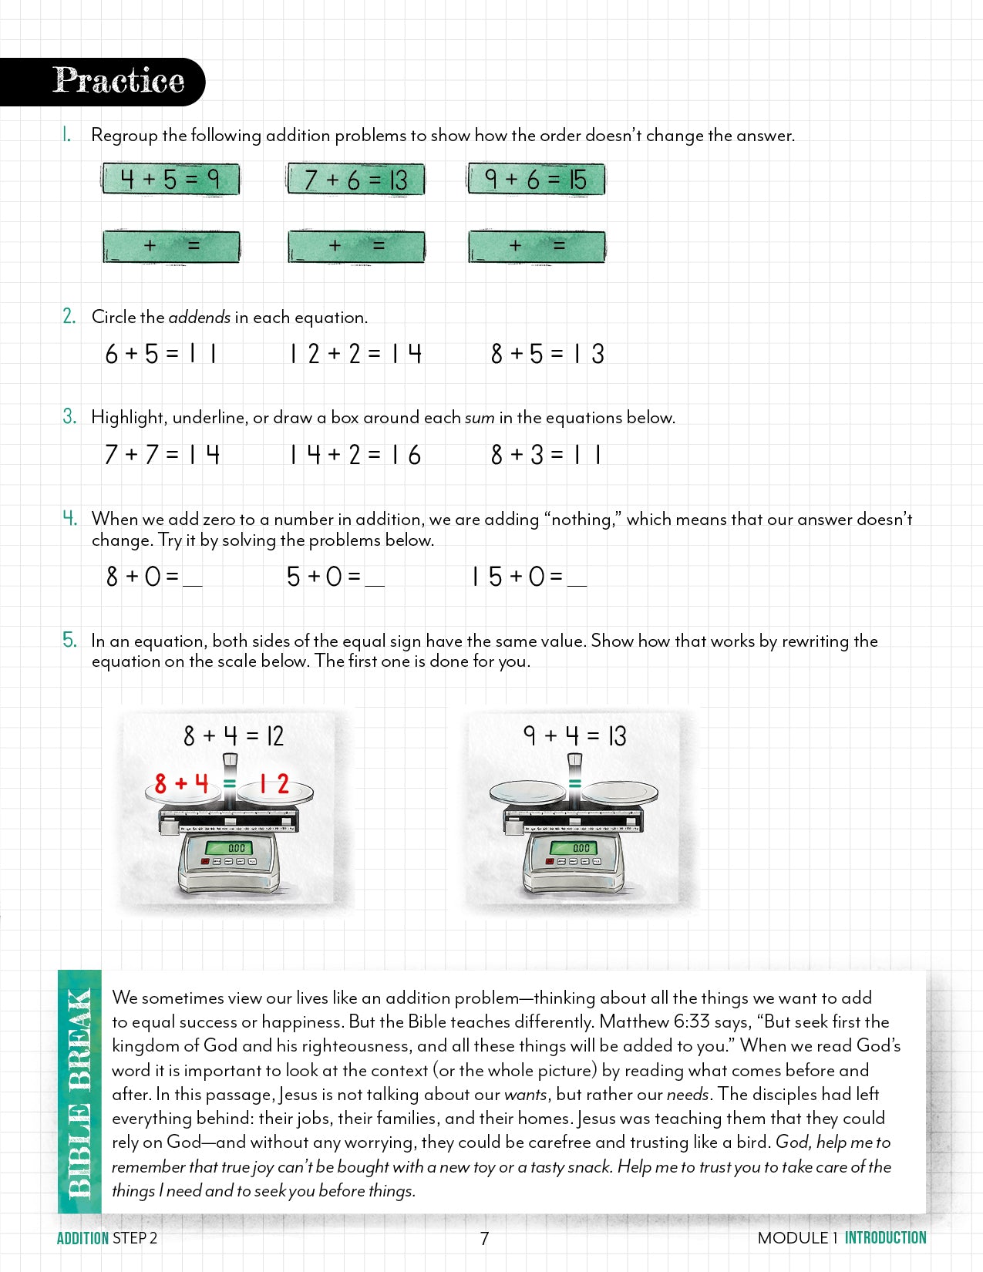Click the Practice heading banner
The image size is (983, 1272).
[x=116, y=81]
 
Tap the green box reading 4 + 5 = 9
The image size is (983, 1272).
[x=170, y=180]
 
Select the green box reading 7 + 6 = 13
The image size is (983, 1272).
[x=355, y=180]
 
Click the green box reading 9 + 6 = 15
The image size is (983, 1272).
[x=536, y=180]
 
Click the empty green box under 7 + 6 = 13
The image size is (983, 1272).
[x=355, y=247]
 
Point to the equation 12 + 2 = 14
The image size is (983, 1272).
[x=355, y=354]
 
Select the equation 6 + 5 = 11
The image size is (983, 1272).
[x=161, y=354]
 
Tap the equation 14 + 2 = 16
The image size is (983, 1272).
[x=355, y=455]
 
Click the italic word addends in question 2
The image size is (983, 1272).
[x=199, y=318]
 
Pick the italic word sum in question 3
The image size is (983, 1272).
[x=480, y=418]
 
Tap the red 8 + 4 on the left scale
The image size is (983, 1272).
[x=181, y=784]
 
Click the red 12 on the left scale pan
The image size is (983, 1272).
[x=274, y=784]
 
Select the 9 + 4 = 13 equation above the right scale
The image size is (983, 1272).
[x=574, y=736]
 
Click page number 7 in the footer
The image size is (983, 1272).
[x=484, y=1238]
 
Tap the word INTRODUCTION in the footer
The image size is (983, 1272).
[x=885, y=1238]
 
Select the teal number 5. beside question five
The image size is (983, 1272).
[x=69, y=640]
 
